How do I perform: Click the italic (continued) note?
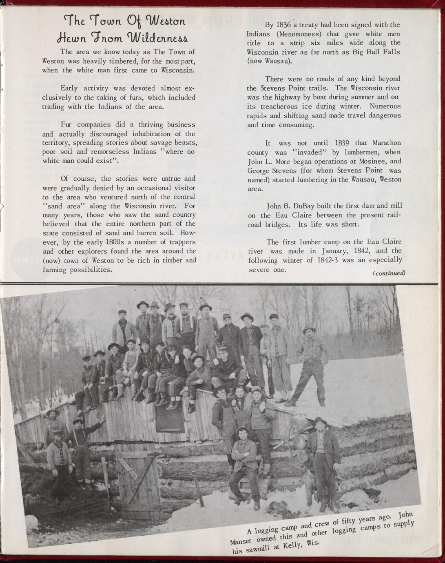[x=389, y=273]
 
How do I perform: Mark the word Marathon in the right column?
[x=386, y=143]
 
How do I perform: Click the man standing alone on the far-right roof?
[x=311, y=363]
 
